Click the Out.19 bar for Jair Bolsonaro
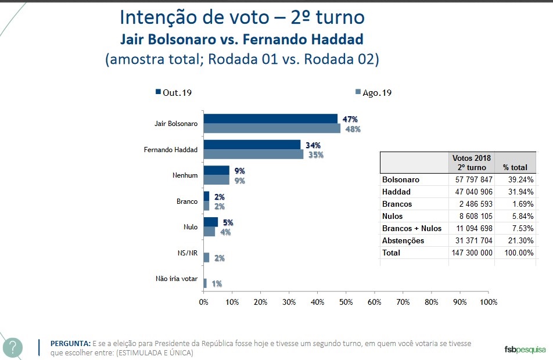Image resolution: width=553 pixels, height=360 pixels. click(270, 119)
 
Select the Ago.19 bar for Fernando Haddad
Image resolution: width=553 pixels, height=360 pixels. click(253, 155)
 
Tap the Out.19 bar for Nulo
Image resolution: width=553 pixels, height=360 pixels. click(211, 222)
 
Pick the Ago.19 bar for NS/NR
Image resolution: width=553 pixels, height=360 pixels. click(206, 258)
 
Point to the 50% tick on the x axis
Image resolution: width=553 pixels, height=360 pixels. click(346, 302)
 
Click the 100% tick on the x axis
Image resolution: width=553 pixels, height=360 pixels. click(489, 302)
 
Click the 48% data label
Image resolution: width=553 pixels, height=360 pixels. click(352, 129)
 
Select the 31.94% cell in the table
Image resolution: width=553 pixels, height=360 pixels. click(515, 192)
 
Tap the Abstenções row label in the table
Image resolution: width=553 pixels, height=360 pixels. click(403, 240)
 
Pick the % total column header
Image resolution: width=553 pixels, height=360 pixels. click(515, 167)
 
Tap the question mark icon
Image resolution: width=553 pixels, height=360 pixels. click(13, 348)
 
